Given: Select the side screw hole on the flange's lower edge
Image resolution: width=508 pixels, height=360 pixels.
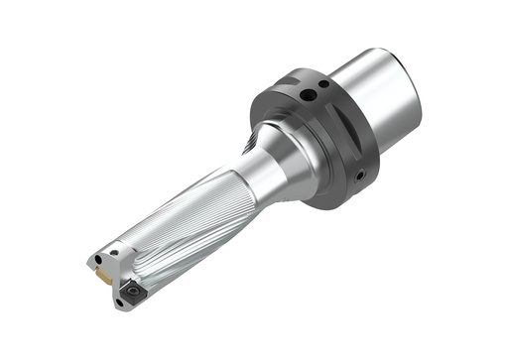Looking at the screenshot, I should [x=360, y=176].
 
